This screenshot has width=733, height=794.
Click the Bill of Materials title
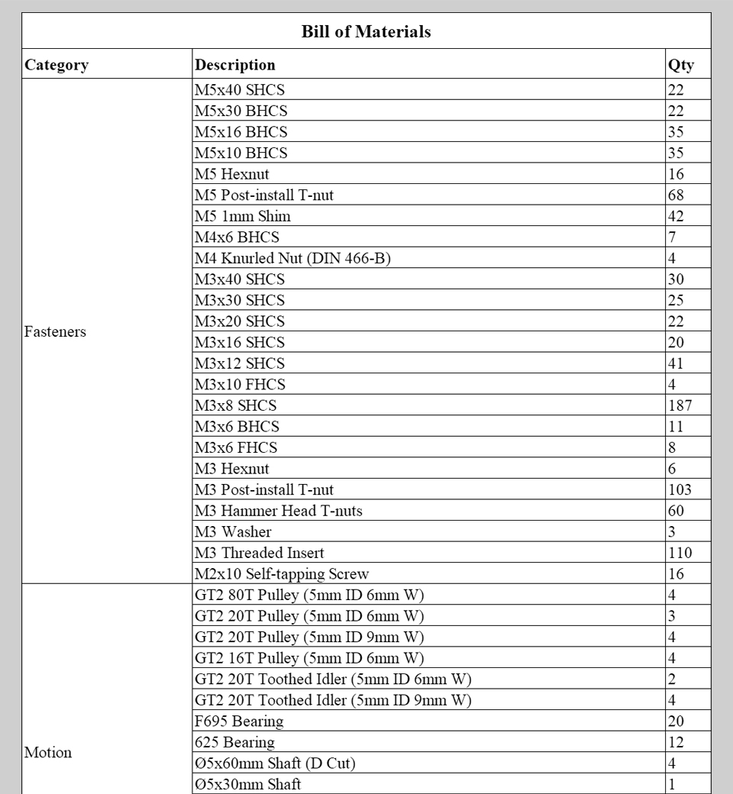(366, 32)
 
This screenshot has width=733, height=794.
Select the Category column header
(57, 65)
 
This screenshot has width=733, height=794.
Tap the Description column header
(235, 65)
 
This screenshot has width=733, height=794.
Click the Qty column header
(681, 65)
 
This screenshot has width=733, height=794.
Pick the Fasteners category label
(55, 332)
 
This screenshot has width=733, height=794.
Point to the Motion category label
(48, 753)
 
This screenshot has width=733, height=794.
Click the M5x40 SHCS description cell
(240, 90)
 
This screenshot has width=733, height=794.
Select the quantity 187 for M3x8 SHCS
(680, 406)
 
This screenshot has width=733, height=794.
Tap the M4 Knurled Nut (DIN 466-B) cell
(292, 259)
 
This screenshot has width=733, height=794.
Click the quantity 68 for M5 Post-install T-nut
(676, 195)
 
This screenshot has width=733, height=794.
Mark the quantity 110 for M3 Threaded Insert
(680, 553)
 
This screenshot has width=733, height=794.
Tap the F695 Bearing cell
(239, 721)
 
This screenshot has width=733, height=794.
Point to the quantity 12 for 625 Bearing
(676, 742)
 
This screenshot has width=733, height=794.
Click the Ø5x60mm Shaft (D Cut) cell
(276, 763)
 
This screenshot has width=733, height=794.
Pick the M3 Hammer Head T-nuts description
(279, 511)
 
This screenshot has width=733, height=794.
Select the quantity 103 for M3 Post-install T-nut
(680, 490)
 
